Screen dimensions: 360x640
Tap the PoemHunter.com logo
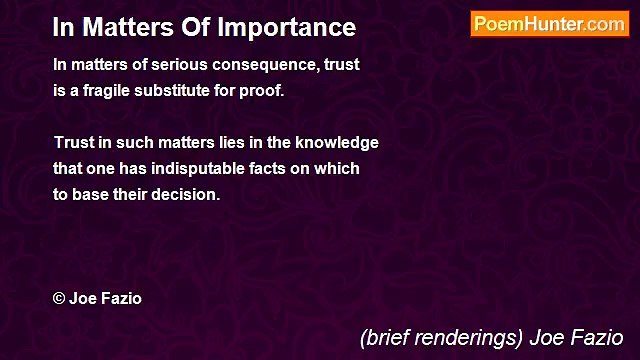(549, 24)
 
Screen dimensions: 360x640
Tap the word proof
(264, 92)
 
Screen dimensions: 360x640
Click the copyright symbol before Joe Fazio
(59, 298)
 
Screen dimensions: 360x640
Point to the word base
(95, 194)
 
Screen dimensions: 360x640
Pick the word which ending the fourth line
(337, 168)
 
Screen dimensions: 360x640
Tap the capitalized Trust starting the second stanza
(73, 142)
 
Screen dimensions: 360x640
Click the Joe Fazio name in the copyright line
(105, 298)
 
